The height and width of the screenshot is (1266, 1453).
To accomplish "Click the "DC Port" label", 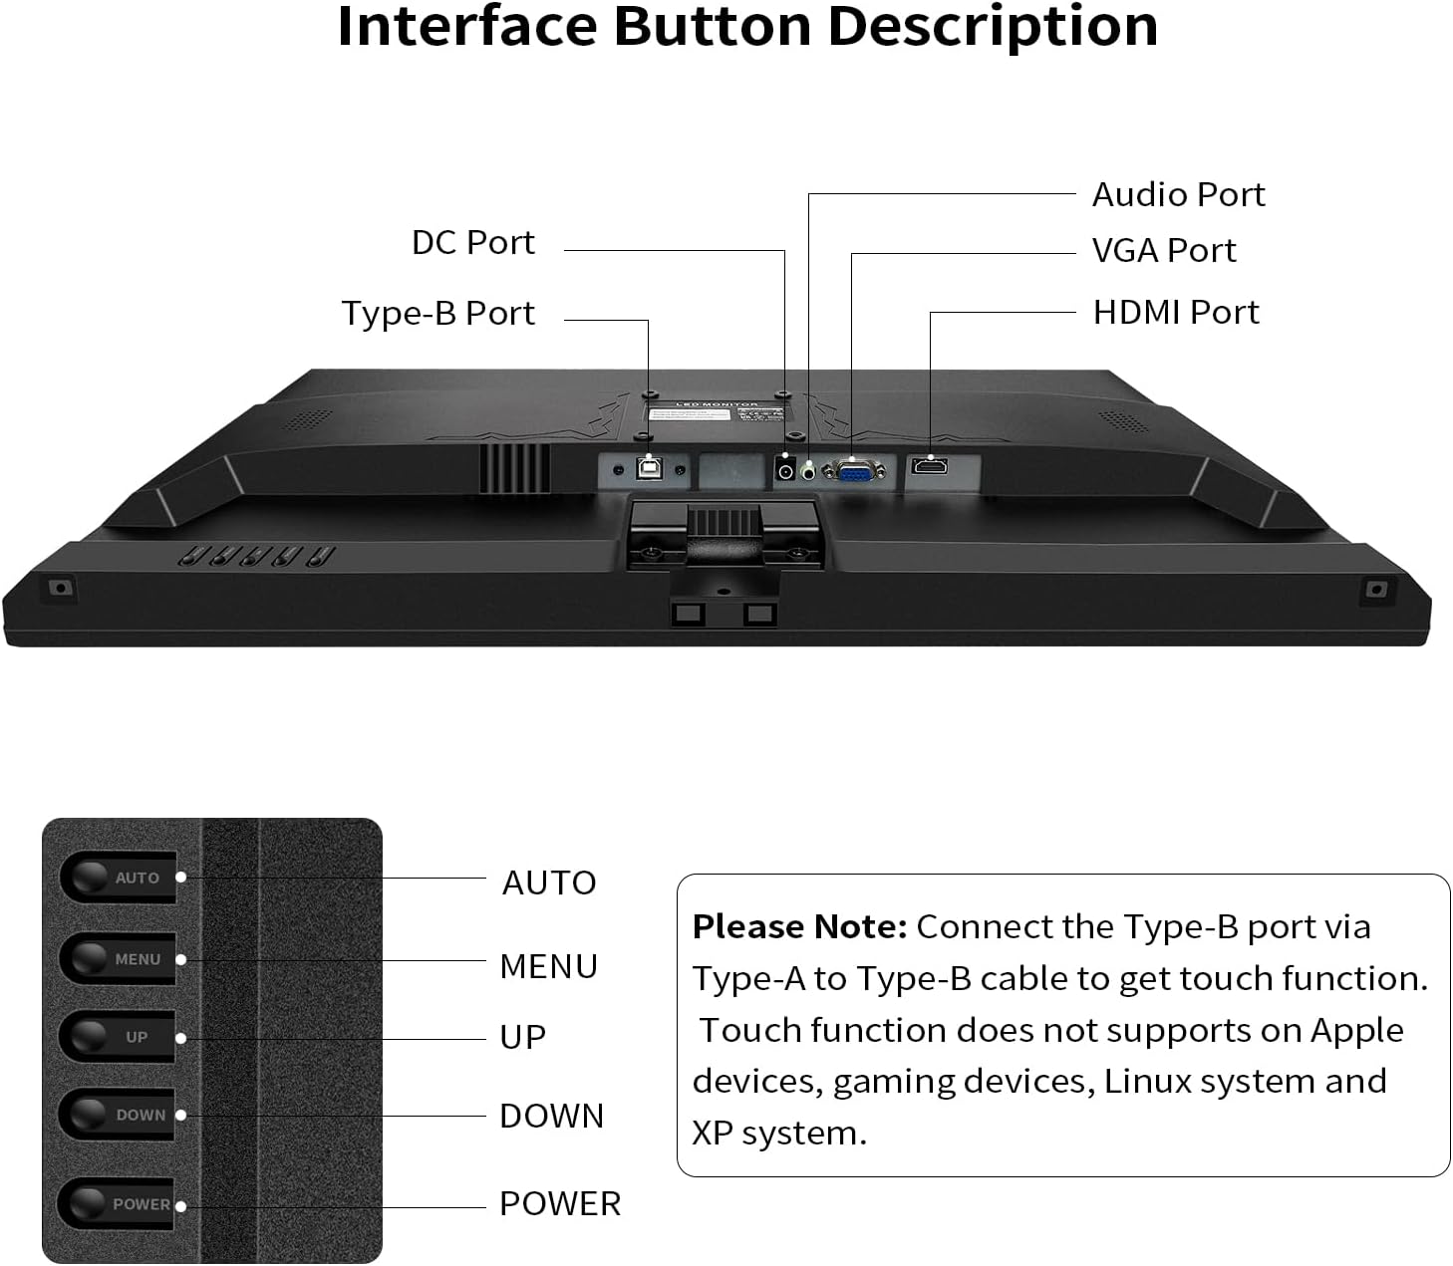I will point(472,243).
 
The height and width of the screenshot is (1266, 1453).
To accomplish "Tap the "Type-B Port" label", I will point(437,314).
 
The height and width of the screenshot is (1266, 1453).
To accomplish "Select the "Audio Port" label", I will point(1178,195).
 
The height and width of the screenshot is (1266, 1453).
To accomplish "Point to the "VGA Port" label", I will point(1163,251).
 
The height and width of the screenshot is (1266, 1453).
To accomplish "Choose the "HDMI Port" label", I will point(1175,313).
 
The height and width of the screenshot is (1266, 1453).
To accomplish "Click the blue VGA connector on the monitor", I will point(854,470).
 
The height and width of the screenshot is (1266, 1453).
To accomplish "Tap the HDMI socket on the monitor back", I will point(929,466).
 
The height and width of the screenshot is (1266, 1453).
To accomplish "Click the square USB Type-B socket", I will point(649,468).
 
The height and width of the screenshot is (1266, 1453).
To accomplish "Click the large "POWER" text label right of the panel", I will point(559,1204).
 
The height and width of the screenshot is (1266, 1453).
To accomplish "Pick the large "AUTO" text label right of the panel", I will point(548,884).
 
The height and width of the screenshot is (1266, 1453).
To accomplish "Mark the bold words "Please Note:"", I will point(799,927).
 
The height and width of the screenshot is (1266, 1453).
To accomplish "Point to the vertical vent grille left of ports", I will point(514,467).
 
